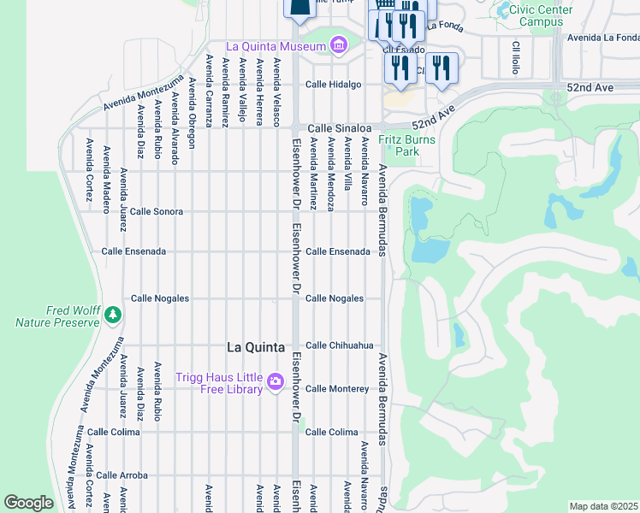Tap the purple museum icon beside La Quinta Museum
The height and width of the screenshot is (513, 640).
point(338,44)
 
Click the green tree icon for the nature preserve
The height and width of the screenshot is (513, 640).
point(112,316)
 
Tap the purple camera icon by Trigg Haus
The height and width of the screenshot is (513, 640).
point(276,381)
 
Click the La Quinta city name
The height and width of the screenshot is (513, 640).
point(256,347)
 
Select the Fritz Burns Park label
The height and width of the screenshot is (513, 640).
point(408,145)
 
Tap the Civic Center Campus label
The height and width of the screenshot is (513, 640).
point(541,15)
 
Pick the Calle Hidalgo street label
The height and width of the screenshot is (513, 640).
point(334,84)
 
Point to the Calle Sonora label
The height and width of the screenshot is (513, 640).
point(157,210)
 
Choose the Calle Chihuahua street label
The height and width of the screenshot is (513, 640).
point(340,345)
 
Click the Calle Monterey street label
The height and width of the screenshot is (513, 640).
point(337,389)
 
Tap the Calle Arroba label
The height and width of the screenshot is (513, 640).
point(122,475)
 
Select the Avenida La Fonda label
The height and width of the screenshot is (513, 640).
point(602,37)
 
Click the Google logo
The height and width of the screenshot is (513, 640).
point(29,503)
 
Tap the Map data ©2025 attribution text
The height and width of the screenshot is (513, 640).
point(603,506)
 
